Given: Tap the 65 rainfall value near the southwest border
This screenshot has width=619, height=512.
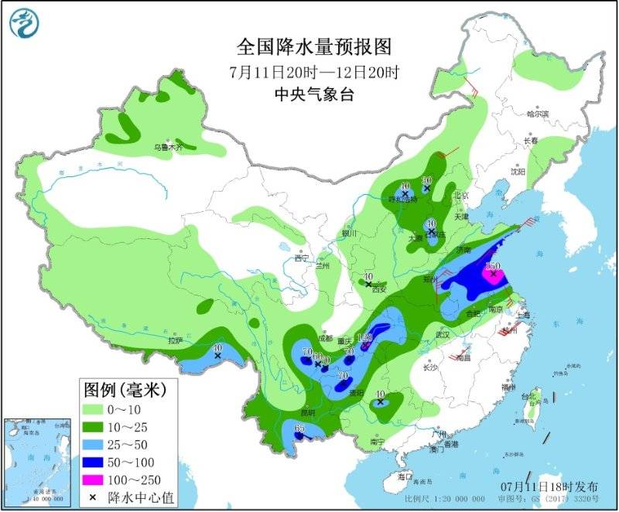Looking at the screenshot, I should (x=299, y=429).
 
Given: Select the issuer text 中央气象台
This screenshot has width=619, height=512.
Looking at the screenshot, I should (x=314, y=94).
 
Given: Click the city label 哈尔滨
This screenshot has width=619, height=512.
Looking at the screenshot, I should (x=536, y=114).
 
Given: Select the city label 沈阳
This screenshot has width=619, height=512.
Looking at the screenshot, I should (x=518, y=171).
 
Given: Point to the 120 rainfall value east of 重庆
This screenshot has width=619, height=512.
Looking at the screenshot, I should (x=365, y=337).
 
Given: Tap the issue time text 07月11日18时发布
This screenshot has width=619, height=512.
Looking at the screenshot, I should (x=549, y=486).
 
